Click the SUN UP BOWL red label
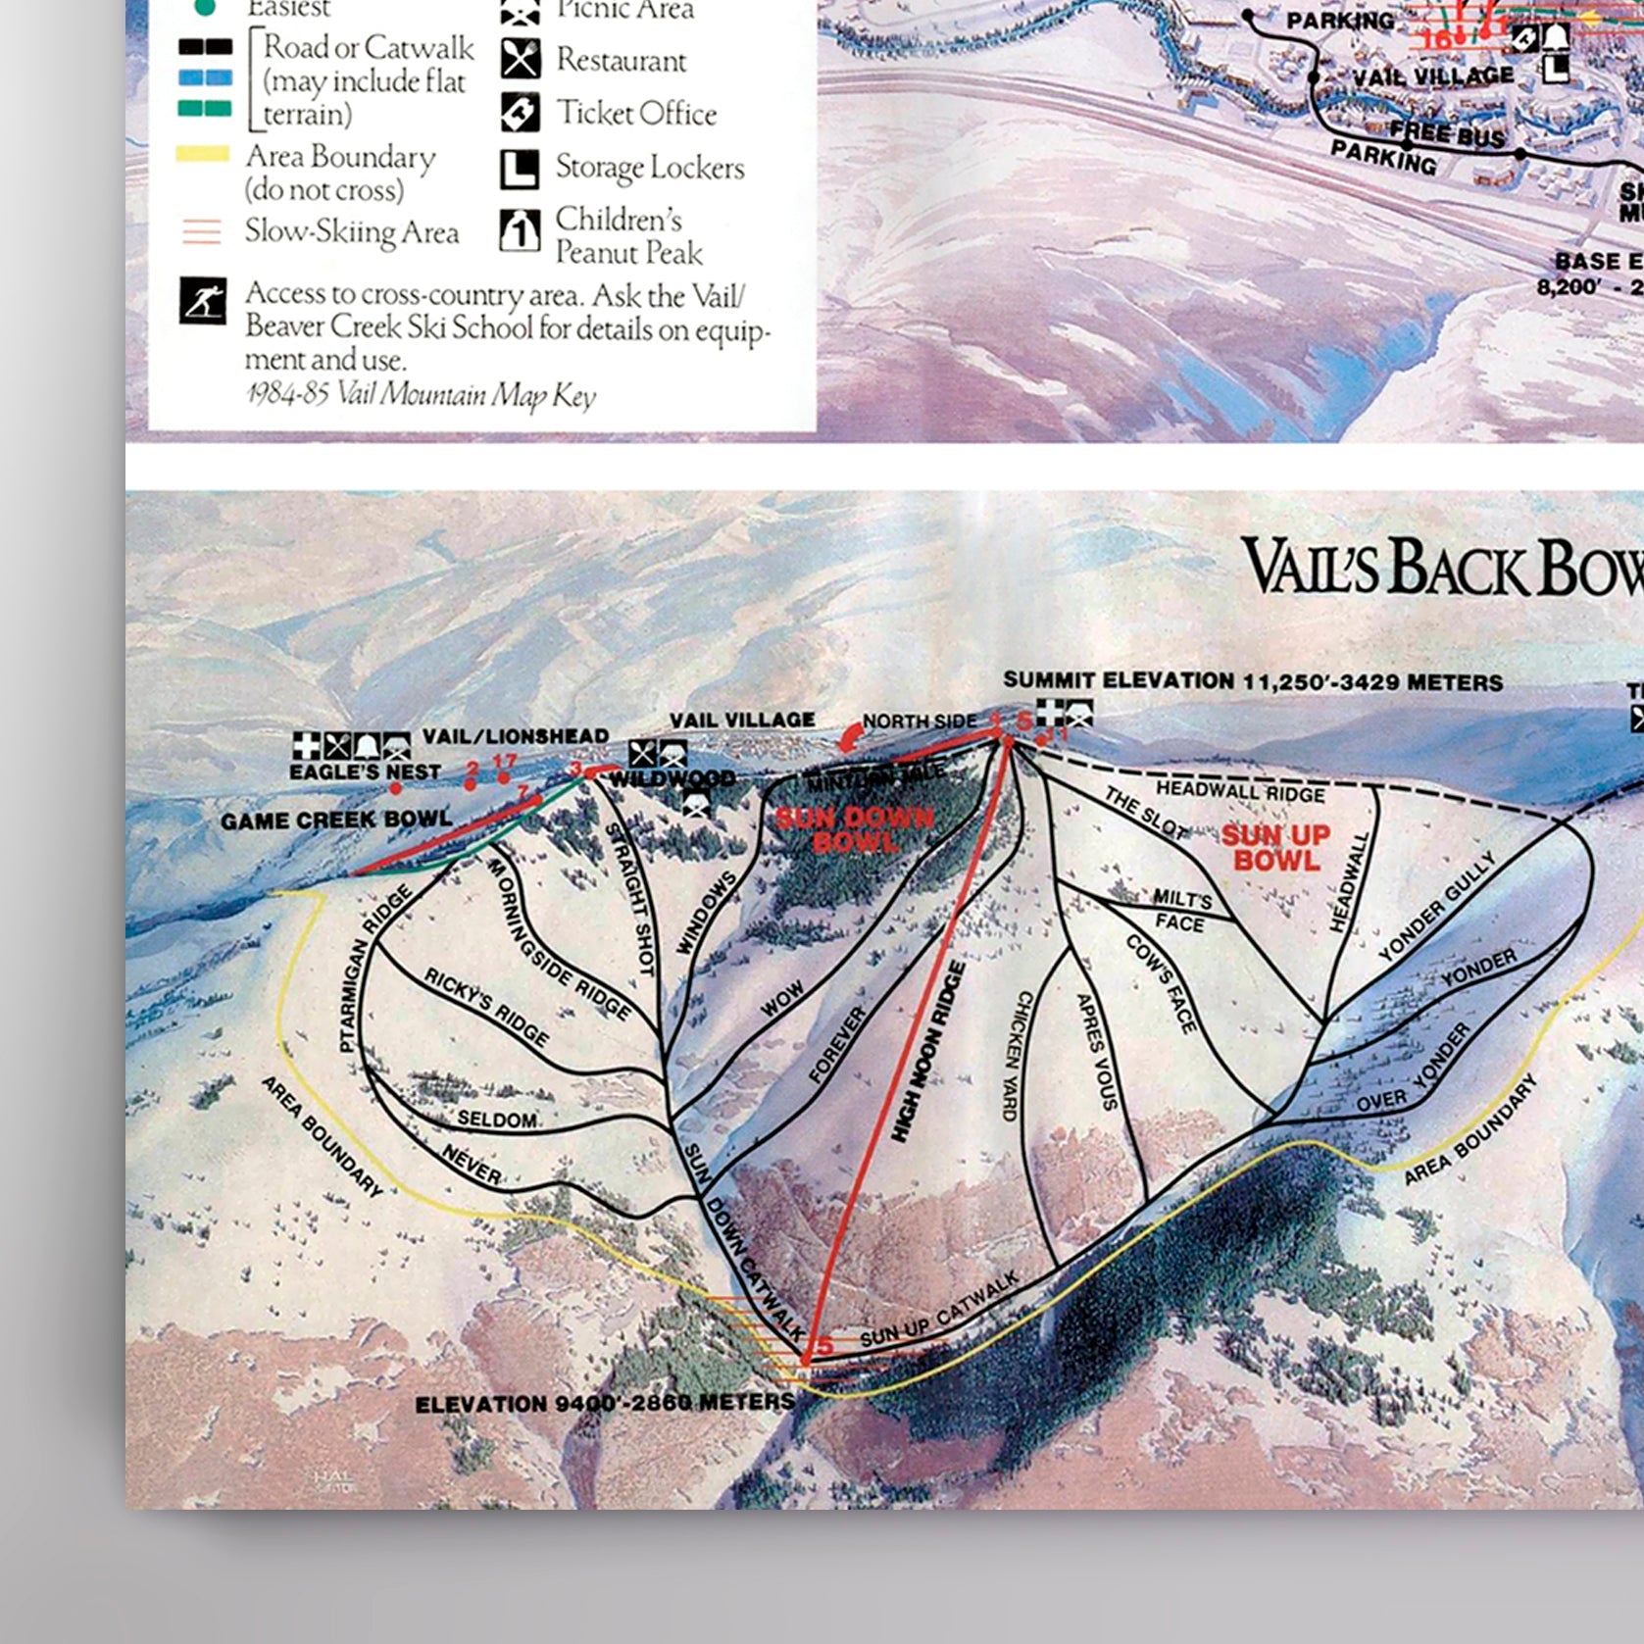[1275, 848]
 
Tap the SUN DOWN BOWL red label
[854, 829]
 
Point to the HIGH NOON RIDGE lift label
[928, 1052]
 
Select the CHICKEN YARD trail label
[1017, 1055]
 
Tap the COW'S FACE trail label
[1162, 983]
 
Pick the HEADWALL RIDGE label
[1240, 791]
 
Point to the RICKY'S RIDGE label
[486, 1006]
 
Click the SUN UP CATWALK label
[939, 1311]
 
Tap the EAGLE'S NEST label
[365, 772]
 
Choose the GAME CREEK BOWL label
[336, 820]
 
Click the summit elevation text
[1253, 681]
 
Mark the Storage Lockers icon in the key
[520, 169]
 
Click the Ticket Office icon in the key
[520, 113]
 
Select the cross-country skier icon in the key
[203, 301]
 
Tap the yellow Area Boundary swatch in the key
[203, 155]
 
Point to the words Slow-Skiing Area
[352, 232]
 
